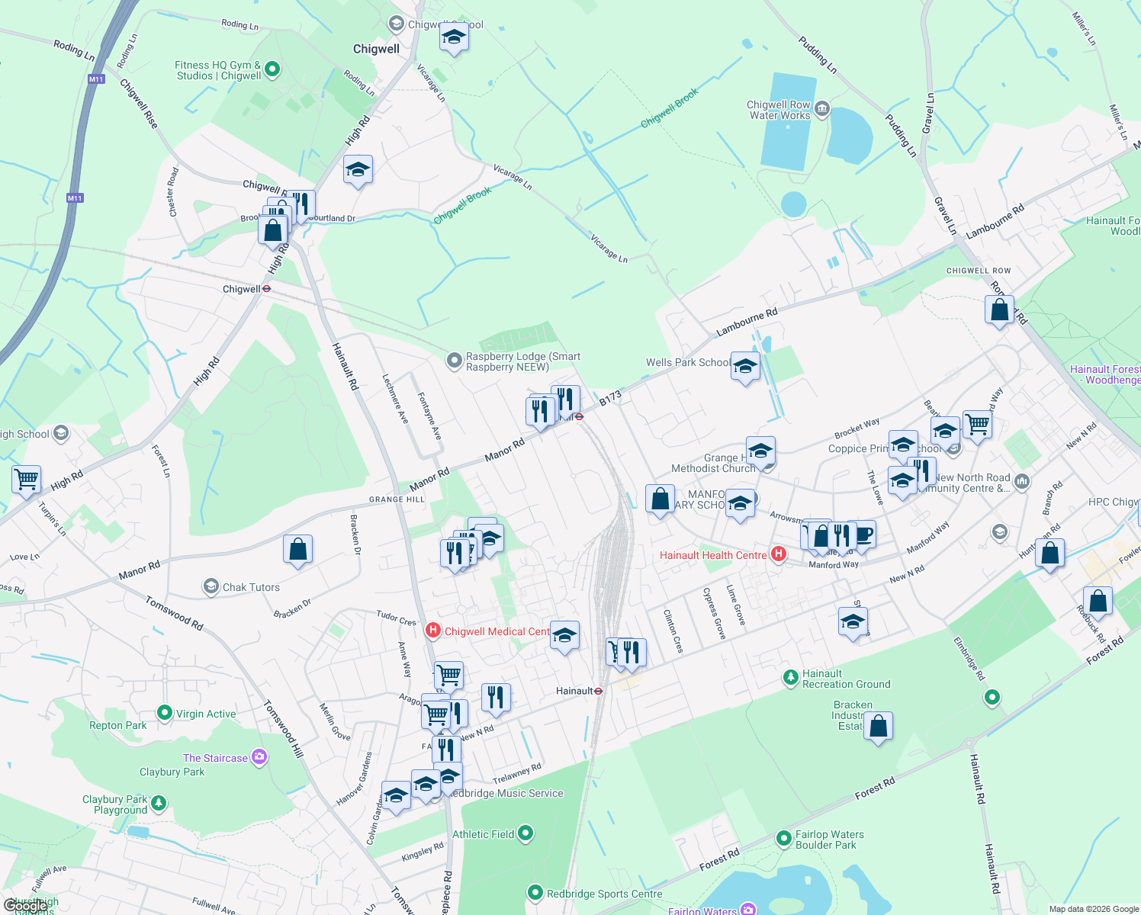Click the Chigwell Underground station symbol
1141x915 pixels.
pos(267,289)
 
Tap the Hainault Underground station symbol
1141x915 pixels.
pos(599,691)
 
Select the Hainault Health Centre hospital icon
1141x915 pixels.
pos(778,554)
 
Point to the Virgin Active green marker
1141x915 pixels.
pos(164,713)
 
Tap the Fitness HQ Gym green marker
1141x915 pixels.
pos(272,70)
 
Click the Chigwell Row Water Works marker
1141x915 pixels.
pos(822,109)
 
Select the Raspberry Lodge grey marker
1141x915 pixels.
pos(455,361)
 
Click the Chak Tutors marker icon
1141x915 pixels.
pos(211,586)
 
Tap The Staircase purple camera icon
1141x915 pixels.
pos(259,757)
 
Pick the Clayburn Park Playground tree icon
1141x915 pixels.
pos(159,803)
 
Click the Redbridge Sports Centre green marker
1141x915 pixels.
pos(535,893)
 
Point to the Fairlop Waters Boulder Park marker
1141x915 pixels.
pos(783,839)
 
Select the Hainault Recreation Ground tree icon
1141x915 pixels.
pos(790,676)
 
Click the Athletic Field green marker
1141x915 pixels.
pos(526,833)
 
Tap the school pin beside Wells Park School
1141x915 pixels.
pos(745,366)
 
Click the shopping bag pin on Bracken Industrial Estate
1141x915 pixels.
pos(878,727)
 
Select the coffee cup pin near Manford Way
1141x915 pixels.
pos(862,535)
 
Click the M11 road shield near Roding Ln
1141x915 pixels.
pos(95,79)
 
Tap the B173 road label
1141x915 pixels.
pos(610,398)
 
